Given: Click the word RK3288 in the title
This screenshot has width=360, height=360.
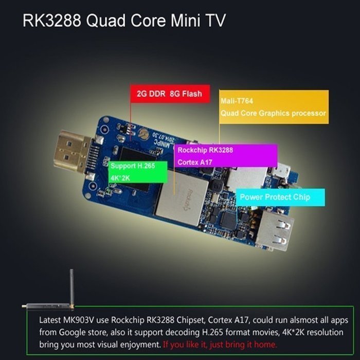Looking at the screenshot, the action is [52, 21].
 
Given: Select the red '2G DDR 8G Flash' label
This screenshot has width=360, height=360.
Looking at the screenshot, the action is [170, 94].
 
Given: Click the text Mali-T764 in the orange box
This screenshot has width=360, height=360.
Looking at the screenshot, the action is [237, 101].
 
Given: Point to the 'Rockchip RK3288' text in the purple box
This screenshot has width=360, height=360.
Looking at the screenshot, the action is [205, 150].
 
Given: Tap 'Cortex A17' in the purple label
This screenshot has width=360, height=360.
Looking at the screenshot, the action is [195, 163].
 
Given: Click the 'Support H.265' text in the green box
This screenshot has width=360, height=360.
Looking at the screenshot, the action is [133, 166].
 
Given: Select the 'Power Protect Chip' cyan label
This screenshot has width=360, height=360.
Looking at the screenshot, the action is [280, 197].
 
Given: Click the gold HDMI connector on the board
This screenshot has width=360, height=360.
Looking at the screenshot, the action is [73, 152].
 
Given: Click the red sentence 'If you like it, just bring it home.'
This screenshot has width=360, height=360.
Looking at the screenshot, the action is [220, 345].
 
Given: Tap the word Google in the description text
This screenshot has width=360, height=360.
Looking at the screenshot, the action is [71, 332].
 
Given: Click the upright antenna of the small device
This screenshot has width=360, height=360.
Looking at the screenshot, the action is [71, 287].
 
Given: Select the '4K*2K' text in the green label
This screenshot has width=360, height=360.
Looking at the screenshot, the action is [120, 178].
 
